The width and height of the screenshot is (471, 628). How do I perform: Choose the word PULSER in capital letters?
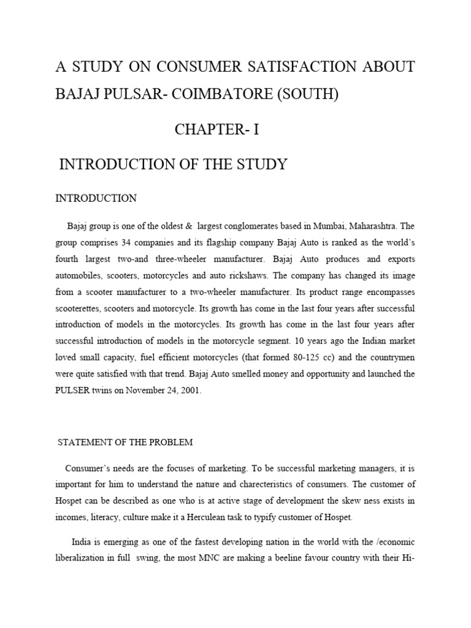tap(73, 389)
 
